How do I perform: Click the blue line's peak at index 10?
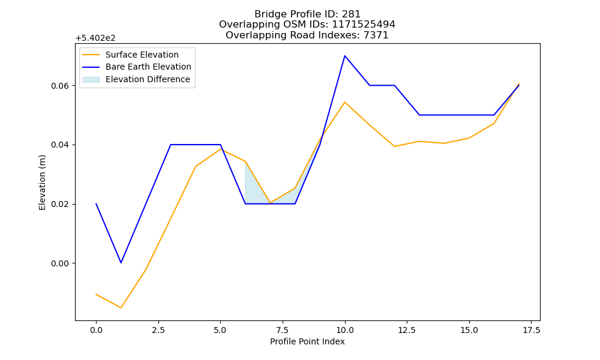pos(345,56)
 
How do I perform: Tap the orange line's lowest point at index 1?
pos(121,308)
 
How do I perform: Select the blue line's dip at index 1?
pos(121,263)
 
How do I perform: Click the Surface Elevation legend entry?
pos(130,55)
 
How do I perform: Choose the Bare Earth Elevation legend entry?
pos(137,67)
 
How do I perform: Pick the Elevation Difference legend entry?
pos(136,79)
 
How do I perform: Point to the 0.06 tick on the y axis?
pos(61,86)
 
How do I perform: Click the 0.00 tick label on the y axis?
pos(61,263)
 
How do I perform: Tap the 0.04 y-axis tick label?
pos(61,145)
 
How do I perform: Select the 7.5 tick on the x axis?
pos(283,330)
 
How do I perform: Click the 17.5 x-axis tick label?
pos(531,330)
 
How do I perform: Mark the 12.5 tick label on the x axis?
pos(407,330)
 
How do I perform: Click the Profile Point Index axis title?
pos(307,341)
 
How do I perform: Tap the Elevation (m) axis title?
pos(42,182)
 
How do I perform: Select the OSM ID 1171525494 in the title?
pos(364,25)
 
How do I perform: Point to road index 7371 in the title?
pos(377,35)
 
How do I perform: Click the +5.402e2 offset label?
pos(95,38)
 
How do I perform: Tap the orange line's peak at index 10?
pos(345,102)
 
